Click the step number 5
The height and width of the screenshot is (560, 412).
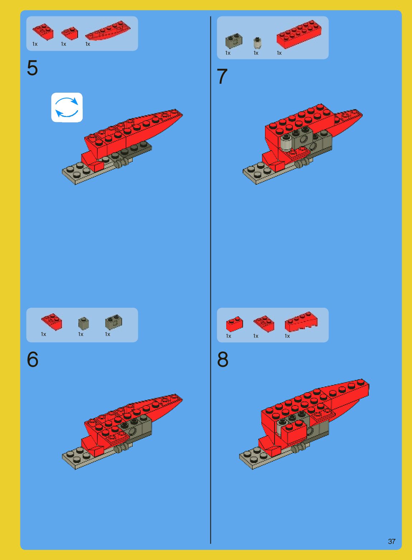[x=32, y=68]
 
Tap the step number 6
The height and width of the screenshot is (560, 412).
[x=33, y=359]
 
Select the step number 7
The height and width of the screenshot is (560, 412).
[x=222, y=77]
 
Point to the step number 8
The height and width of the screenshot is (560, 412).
[x=223, y=360]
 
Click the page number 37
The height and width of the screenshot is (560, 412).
[x=392, y=541]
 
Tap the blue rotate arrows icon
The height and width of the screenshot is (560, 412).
[x=67, y=107]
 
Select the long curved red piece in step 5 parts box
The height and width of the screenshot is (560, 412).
[x=108, y=30]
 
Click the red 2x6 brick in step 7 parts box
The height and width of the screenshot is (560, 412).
[x=299, y=34]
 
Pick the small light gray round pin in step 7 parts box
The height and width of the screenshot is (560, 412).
[x=257, y=43]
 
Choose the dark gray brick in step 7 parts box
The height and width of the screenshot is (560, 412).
[x=234, y=41]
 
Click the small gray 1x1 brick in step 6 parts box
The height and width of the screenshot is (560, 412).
[x=83, y=324]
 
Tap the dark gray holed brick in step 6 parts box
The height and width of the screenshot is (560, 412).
[x=113, y=322]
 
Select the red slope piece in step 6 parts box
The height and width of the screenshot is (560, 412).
[x=52, y=322]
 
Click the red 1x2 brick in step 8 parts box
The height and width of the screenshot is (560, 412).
[x=234, y=324]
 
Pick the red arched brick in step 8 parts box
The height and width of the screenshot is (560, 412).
[x=301, y=322]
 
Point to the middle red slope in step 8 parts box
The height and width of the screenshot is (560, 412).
[x=264, y=324]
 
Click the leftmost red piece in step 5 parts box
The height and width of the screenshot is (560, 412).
[x=43, y=32]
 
